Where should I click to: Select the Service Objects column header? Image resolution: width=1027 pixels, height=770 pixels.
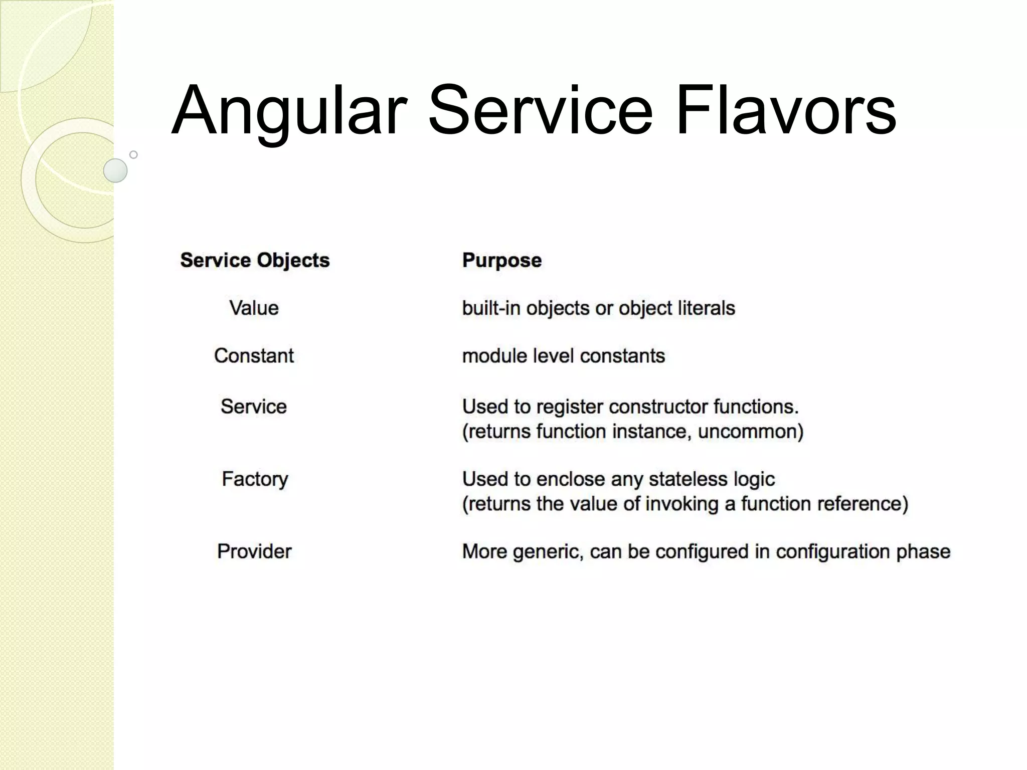pyautogui.click(x=255, y=260)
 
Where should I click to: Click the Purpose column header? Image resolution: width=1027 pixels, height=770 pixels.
pyautogui.click(x=501, y=260)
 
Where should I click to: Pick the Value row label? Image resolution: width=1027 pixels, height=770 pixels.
pyautogui.click(x=254, y=308)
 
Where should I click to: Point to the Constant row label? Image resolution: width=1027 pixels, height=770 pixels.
pyautogui.click(x=254, y=355)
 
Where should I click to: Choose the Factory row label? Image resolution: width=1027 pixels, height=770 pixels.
pyautogui.click(x=255, y=479)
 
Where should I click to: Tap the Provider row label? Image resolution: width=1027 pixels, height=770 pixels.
pyautogui.click(x=254, y=551)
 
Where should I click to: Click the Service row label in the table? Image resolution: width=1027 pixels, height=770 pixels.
pyautogui.click(x=254, y=407)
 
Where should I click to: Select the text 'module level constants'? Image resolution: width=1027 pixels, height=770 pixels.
pyautogui.click(x=563, y=355)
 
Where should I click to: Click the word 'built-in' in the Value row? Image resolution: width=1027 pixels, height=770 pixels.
pyautogui.click(x=490, y=308)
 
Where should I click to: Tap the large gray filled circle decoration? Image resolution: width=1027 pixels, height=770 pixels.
pyautogui.click(x=115, y=170)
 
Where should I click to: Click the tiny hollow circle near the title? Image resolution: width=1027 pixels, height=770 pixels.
pyautogui.click(x=133, y=154)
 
